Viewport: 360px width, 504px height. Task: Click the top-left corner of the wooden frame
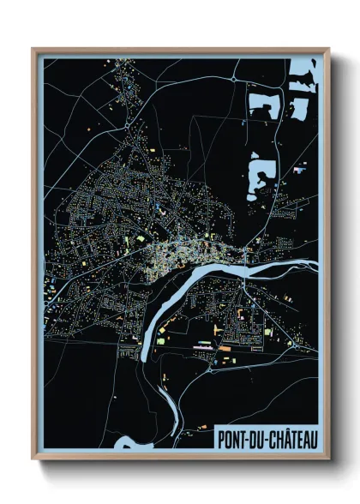click(33, 49)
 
